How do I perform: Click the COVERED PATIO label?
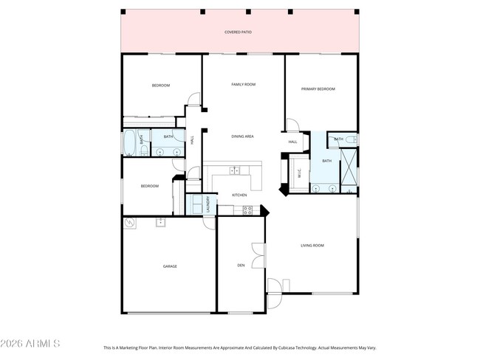(x=238, y=32)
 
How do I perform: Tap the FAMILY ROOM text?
(x=243, y=85)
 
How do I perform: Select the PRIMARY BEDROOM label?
(x=318, y=89)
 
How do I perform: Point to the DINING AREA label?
(x=243, y=136)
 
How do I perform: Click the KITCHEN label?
(x=239, y=195)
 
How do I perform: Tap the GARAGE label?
(x=170, y=266)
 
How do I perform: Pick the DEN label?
(x=241, y=265)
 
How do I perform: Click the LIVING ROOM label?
(x=312, y=245)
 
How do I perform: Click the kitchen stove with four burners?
(x=248, y=210)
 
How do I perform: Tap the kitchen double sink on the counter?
(x=235, y=171)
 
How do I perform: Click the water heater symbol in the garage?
(x=130, y=222)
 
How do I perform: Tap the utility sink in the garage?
(x=159, y=221)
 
